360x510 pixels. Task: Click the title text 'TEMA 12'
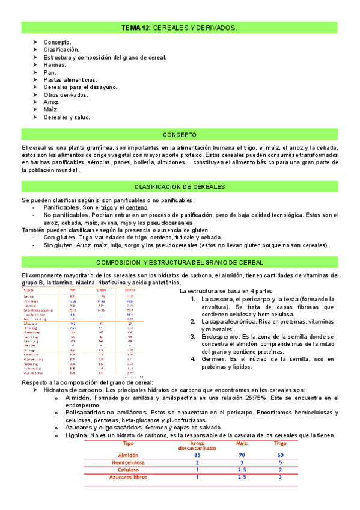[x=135, y=28]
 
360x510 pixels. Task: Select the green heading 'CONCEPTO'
[x=180, y=135]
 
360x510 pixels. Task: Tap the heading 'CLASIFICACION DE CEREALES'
[x=180, y=187]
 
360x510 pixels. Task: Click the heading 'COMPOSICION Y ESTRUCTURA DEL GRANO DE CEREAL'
[x=180, y=263]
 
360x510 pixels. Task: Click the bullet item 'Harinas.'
[x=55, y=64]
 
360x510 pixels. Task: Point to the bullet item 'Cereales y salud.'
[x=66, y=117]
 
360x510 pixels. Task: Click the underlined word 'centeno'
[x=136, y=207]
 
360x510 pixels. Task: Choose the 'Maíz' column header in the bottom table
[x=238, y=443]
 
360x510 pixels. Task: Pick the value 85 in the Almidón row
[x=197, y=455]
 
